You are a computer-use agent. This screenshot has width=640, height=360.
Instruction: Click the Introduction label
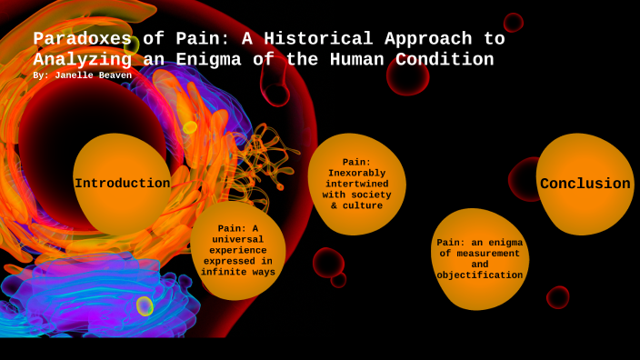(122, 184)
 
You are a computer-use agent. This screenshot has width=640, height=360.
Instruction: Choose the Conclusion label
(585, 184)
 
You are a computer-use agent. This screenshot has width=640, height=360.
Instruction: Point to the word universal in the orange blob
(236, 239)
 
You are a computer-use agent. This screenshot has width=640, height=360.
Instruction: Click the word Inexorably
(356, 173)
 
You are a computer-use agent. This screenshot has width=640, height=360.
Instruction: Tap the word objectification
(479, 275)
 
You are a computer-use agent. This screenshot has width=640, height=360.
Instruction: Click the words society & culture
(356, 200)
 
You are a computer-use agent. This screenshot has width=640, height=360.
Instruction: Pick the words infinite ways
(238, 272)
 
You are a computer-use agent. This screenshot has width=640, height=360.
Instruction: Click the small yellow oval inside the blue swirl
(145, 305)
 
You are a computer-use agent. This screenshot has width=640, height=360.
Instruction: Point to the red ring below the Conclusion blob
(557, 297)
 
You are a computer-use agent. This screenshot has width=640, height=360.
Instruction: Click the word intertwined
(356, 184)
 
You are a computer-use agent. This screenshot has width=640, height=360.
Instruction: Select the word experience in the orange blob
(236, 250)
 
